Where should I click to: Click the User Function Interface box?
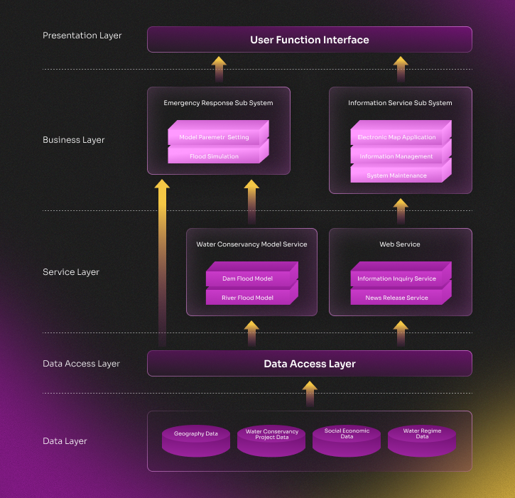click(309, 40)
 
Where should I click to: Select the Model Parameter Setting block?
click(214, 137)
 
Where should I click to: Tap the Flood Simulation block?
click(214, 156)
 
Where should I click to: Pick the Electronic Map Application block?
click(396, 137)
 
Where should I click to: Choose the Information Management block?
click(396, 156)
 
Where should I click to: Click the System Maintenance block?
click(396, 175)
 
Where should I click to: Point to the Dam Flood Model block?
click(247, 278)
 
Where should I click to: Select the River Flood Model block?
click(247, 298)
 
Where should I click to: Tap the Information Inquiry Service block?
click(396, 278)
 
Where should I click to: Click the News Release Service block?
click(396, 298)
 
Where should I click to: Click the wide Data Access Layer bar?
click(309, 364)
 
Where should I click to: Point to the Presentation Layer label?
click(82, 36)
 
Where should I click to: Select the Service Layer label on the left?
click(71, 272)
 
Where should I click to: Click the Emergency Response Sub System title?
click(218, 103)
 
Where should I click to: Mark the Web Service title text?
click(400, 244)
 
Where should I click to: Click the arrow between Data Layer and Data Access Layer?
click(309, 394)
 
